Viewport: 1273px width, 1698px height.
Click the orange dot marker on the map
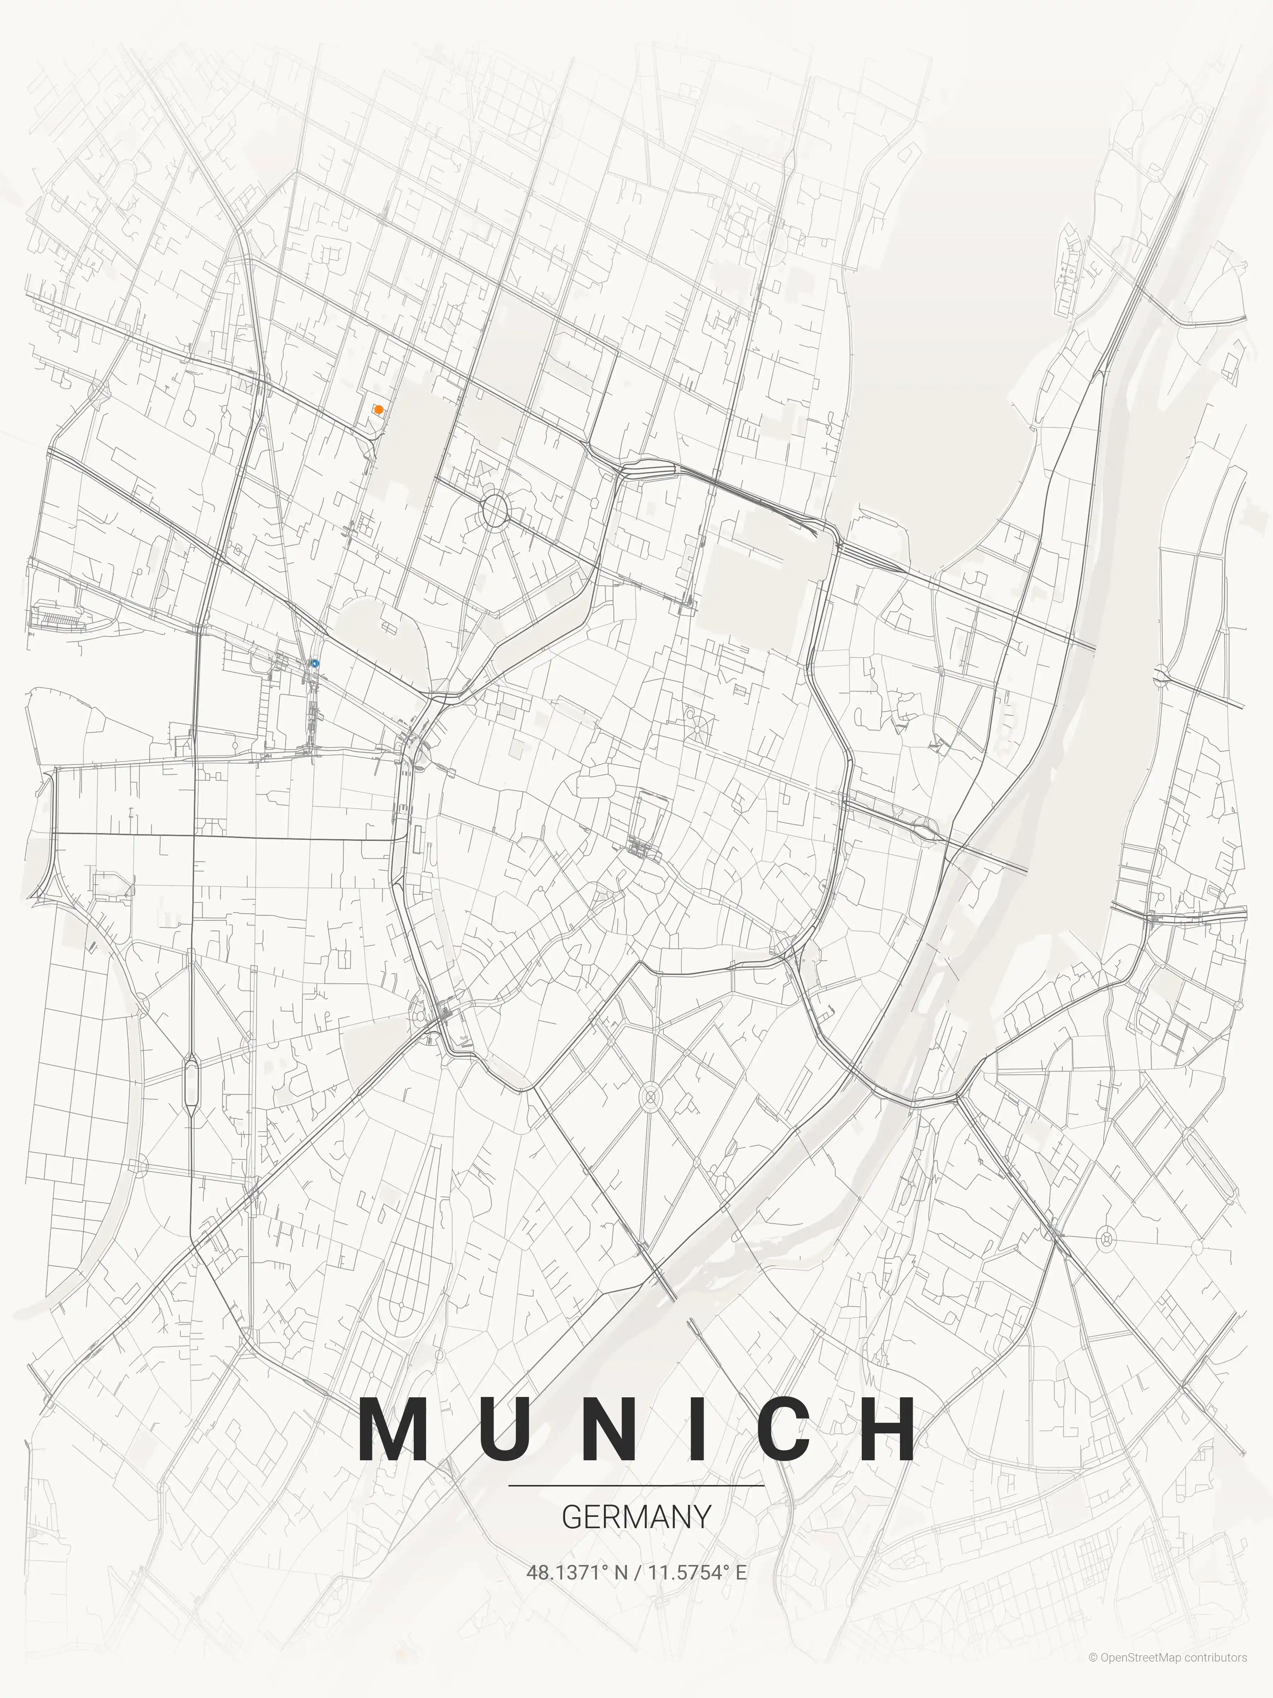click(378, 410)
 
